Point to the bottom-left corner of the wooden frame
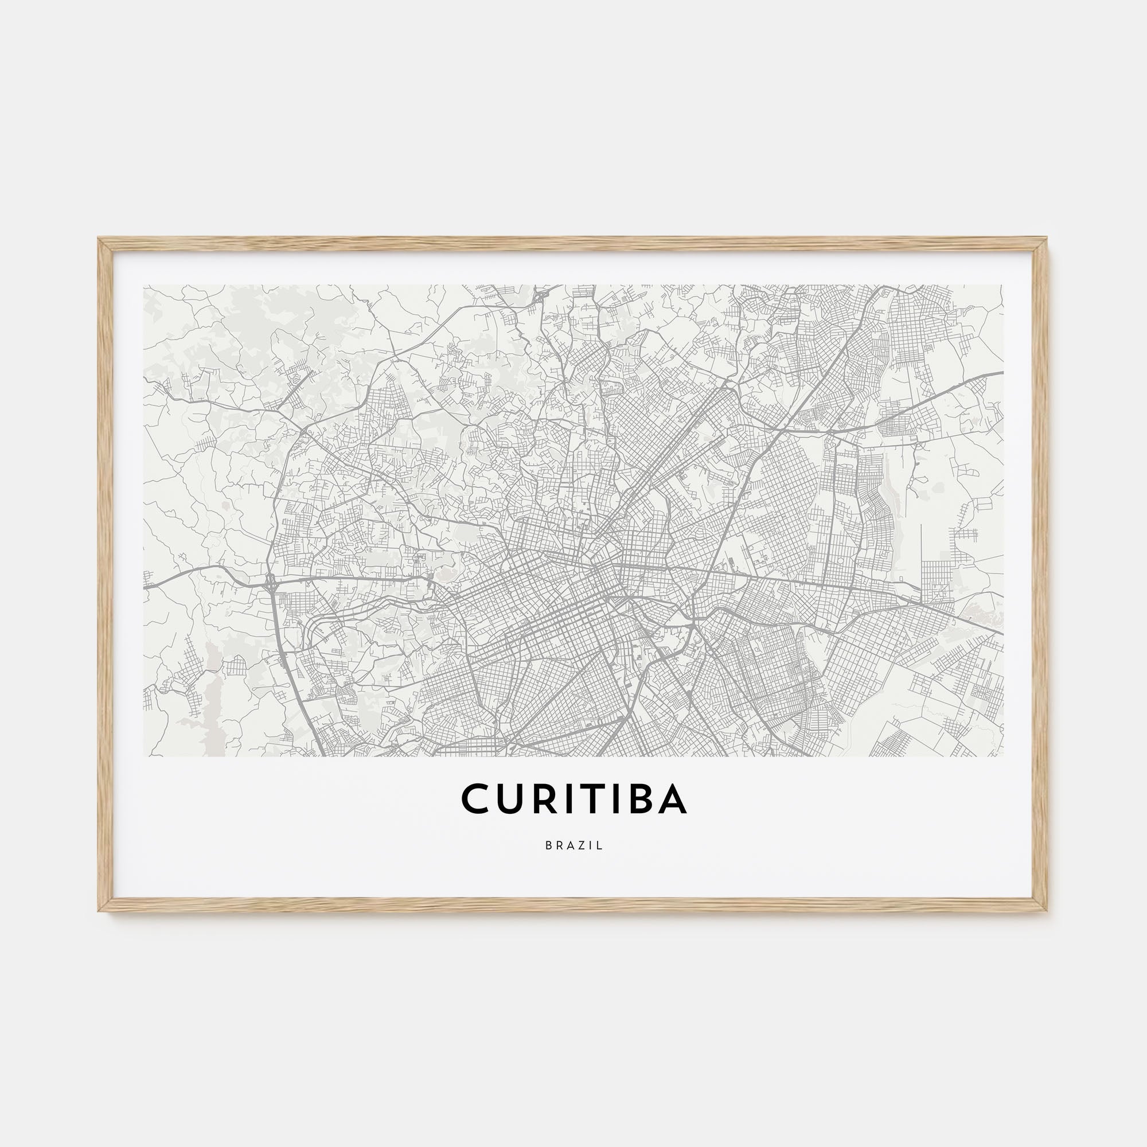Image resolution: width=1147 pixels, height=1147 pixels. click(x=99, y=911)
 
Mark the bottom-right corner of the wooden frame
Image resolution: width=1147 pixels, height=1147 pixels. click(x=1047, y=911)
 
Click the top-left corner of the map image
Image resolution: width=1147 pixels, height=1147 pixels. click(x=144, y=285)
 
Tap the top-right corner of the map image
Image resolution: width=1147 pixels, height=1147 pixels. click(x=1002, y=285)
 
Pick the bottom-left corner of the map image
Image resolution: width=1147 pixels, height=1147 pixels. click(x=144, y=756)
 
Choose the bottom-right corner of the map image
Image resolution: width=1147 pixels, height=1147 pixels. click(x=1002, y=756)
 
